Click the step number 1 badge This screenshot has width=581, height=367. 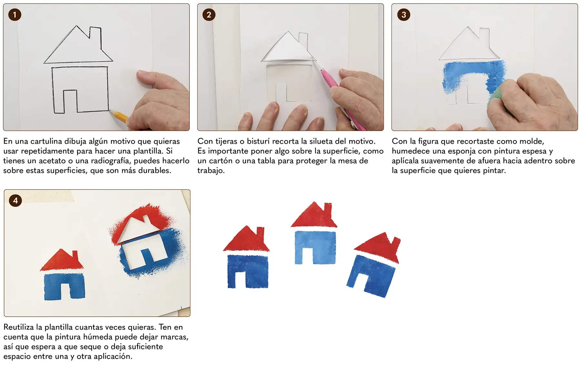pos(15,15)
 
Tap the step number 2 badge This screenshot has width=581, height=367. pos(209,15)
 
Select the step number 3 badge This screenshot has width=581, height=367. pos(403,15)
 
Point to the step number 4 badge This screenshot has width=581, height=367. pos(15,201)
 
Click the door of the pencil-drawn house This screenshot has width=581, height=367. pos(70,101)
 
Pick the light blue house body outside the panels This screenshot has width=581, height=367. pos(315,247)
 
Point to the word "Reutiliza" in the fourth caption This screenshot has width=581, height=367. pos(19,327)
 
